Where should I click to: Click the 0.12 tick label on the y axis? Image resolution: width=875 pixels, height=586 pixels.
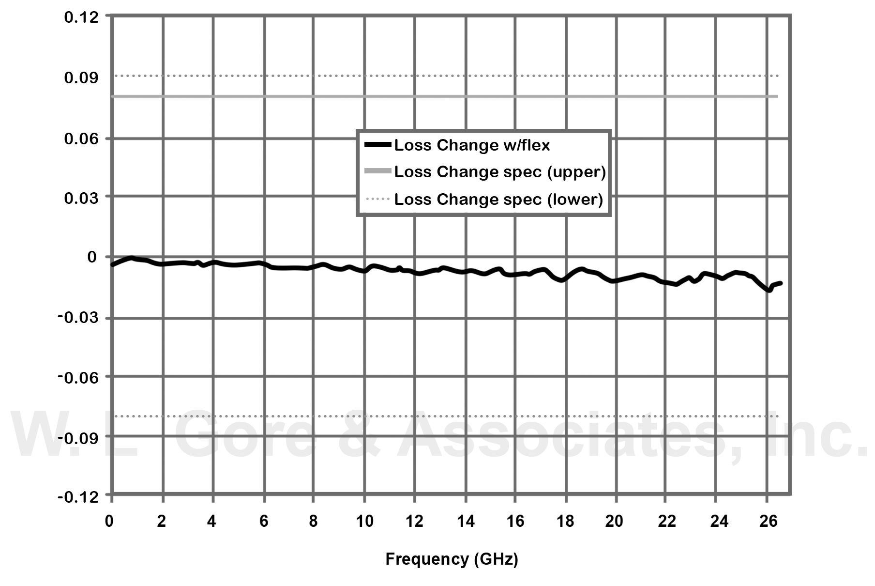(x=81, y=17)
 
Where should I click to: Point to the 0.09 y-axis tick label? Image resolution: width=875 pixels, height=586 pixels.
(x=81, y=77)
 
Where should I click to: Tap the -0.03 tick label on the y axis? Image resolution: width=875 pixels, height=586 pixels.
(x=78, y=318)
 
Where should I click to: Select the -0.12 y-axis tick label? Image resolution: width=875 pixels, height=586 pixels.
(x=78, y=497)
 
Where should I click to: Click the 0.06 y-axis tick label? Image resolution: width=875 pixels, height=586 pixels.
(x=81, y=139)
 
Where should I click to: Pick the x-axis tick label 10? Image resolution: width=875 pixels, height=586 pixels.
(x=364, y=521)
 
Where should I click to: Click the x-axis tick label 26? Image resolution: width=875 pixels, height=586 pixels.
(x=768, y=521)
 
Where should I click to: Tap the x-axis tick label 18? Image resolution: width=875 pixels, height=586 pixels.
(x=565, y=521)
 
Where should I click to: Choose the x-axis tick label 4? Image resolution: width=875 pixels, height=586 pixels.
(x=211, y=521)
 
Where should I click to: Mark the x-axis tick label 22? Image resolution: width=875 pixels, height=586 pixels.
(x=666, y=521)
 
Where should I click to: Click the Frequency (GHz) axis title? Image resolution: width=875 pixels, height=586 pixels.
(x=452, y=559)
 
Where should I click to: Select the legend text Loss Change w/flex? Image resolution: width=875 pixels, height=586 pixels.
(x=472, y=145)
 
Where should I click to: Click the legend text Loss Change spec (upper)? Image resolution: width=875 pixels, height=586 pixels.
(x=500, y=172)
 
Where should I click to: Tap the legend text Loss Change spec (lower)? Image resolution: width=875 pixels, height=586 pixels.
(x=498, y=199)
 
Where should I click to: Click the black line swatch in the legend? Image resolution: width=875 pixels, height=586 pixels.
(x=377, y=144)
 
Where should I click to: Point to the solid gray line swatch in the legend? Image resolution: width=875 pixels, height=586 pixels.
(x=377, y=171)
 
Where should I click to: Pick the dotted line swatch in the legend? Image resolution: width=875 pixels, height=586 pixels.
(x=377, y=199)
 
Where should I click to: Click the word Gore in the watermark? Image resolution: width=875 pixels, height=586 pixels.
(x=244, y=435)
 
